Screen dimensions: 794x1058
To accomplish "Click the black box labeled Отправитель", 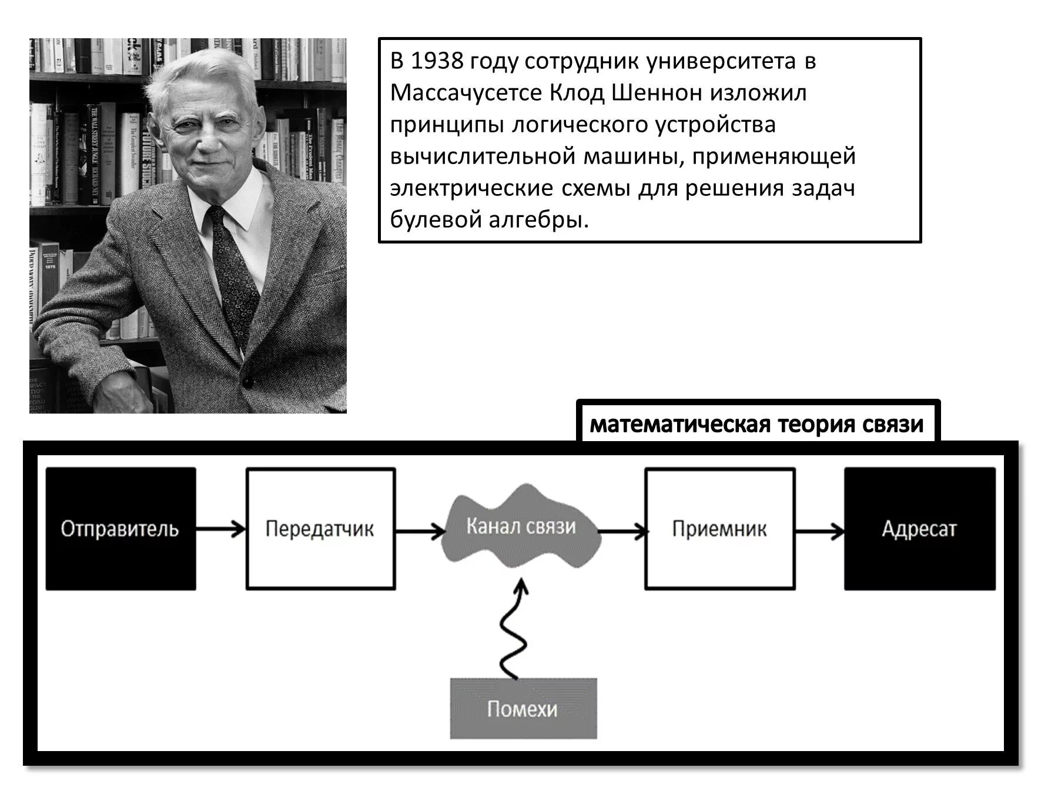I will (x=120, y=529).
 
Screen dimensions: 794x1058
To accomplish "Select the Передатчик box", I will (x=320, y=529).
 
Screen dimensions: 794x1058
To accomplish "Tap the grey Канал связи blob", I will (x=521, y=526).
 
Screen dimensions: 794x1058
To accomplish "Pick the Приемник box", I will (x=719, y=529).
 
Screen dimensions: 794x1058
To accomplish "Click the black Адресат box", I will (x=919, y=529).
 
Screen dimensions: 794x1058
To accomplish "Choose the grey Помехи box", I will (x=523, y=708).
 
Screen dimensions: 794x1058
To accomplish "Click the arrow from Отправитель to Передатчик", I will (x=220, y=529).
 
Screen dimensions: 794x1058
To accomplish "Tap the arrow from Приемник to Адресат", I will (x=819, y=532).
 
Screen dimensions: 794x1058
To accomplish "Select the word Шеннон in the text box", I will (x=657, y=93).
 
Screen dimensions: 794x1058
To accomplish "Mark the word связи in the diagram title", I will (x=893, y=424).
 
